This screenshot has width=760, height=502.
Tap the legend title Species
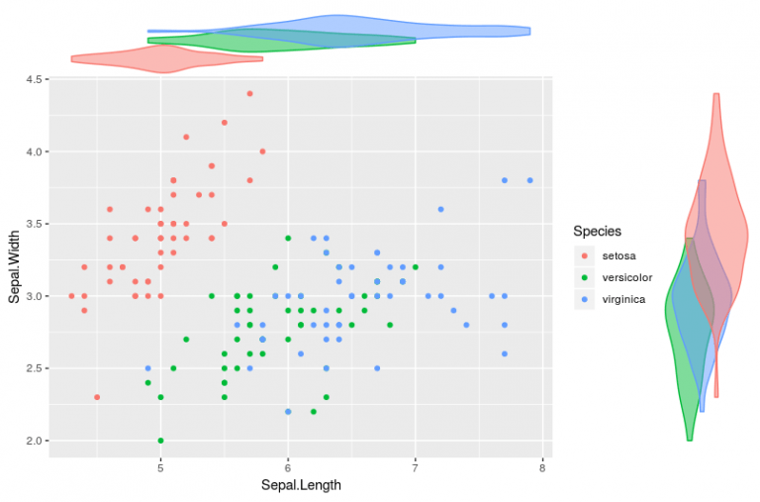coord(598,231)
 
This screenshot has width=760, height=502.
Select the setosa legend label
coord(618,255)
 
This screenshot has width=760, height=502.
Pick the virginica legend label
coord(624,298)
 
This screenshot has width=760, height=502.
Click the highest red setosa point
coord(249,94)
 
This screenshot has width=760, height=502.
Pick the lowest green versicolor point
coord(160,441)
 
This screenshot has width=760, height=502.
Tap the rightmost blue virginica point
coord(530,180)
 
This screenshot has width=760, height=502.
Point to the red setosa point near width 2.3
coord(97,397)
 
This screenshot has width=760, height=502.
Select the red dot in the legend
coord(585,255)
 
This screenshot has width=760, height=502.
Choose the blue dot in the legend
coord(585,298)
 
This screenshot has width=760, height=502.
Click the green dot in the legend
coord(585,277)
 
